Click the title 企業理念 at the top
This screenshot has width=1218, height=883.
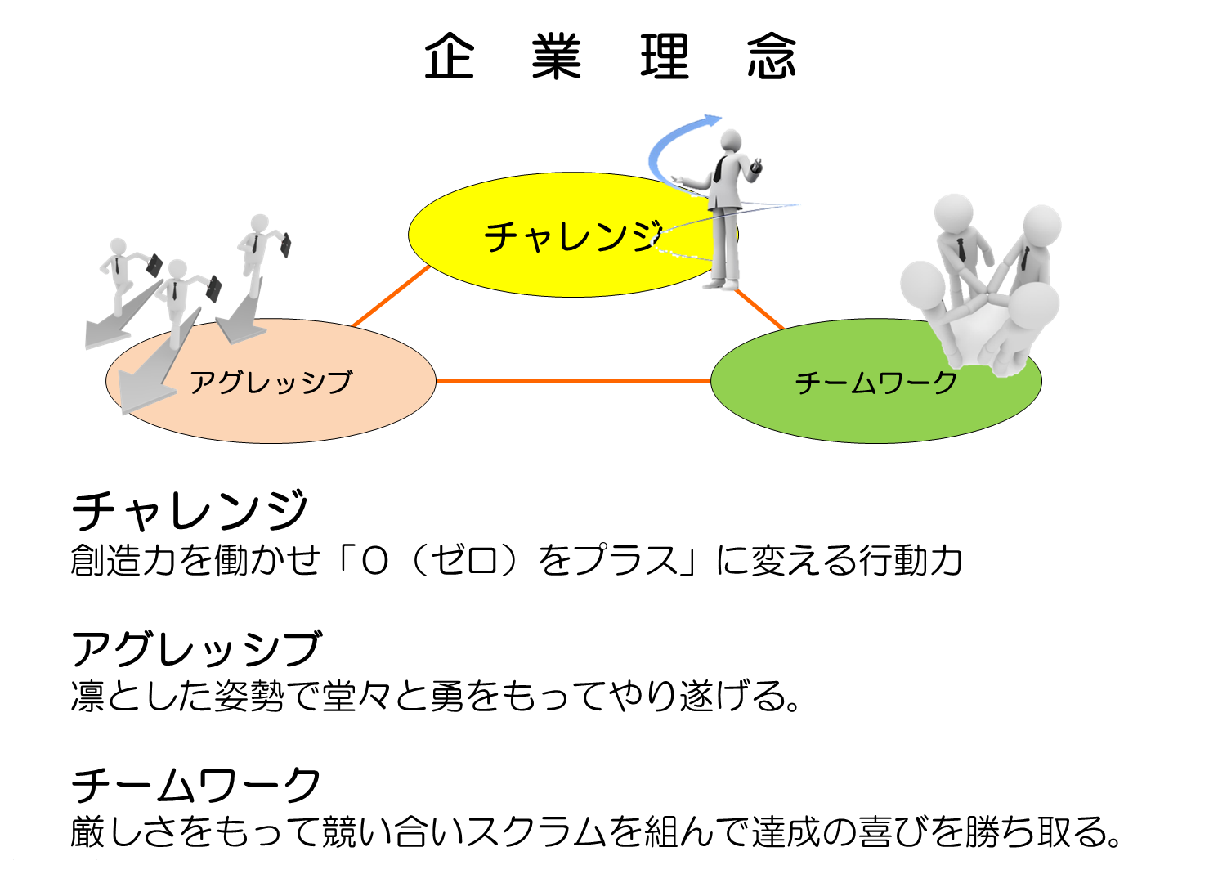click(610, 56)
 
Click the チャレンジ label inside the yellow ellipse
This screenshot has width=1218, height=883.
click(573, 236)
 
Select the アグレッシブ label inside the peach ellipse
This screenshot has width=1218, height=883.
click(271, 383)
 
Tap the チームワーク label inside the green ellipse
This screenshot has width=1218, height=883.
click(876, 383)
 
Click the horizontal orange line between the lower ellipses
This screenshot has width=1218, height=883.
click(574, 381)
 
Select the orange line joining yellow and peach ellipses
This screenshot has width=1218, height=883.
click(392, 296)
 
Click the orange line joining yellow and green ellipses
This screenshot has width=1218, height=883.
click(759, 309)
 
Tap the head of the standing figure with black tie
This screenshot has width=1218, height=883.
click(730, 141)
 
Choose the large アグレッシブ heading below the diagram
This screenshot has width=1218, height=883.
click(196, 648)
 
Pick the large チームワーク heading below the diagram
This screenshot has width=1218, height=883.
click(195, 785)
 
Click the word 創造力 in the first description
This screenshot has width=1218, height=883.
click(123, 560)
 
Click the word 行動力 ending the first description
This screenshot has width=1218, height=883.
click(911, 560)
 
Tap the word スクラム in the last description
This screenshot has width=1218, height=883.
click(535, 831)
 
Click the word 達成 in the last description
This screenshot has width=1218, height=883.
click(786, 831)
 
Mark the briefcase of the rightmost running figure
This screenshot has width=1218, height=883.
click(285, 245)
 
